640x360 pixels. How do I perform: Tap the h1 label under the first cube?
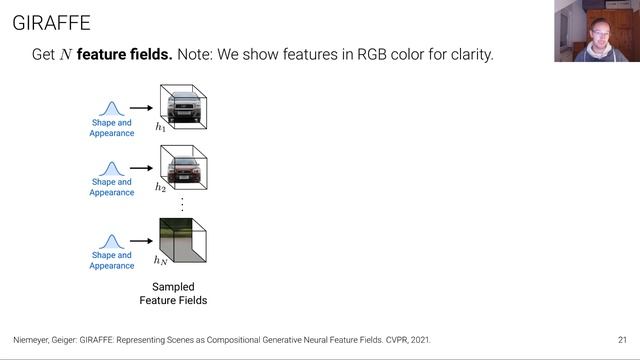(160, 128)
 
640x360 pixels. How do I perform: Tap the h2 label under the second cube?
(160, 187)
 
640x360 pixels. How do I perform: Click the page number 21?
(622, 340)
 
